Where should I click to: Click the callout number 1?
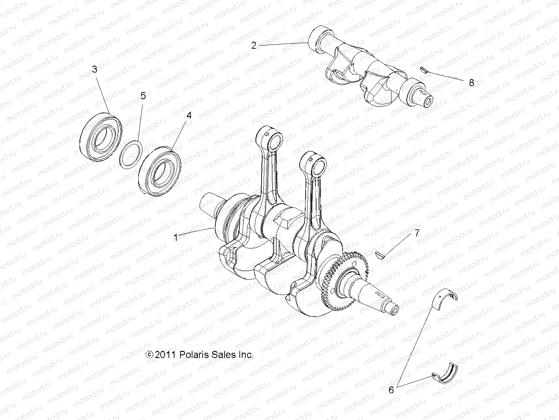pyautogui.click(x=176, y=238)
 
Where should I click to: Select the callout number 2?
pyautogui.click(x=254, y=46)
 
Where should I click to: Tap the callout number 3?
pyautogui.click(x=94, y=70)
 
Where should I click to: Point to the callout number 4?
pyautogui.click(x=189, y=115)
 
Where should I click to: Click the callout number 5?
pyautogui.click(x=143, y=96)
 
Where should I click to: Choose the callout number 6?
pyautogui.click(x=391, y=390)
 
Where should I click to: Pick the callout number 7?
pyautogui.click(x=417, y=233)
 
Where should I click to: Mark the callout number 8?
pyautogui.click(x=471, y=83)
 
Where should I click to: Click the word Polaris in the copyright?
pyautogui.click(x=193, y=355)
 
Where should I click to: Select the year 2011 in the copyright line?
pyautogui.click(x=166, y=355)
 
